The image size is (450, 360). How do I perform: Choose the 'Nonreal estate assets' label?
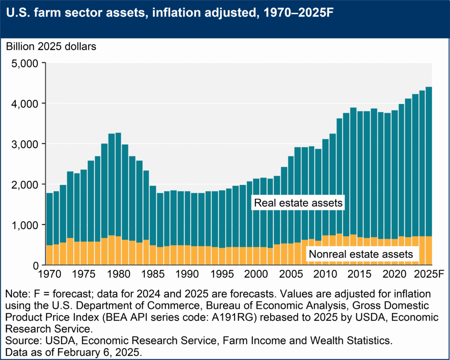pos(361,254)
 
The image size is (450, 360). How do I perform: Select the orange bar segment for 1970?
pos(49,255)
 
